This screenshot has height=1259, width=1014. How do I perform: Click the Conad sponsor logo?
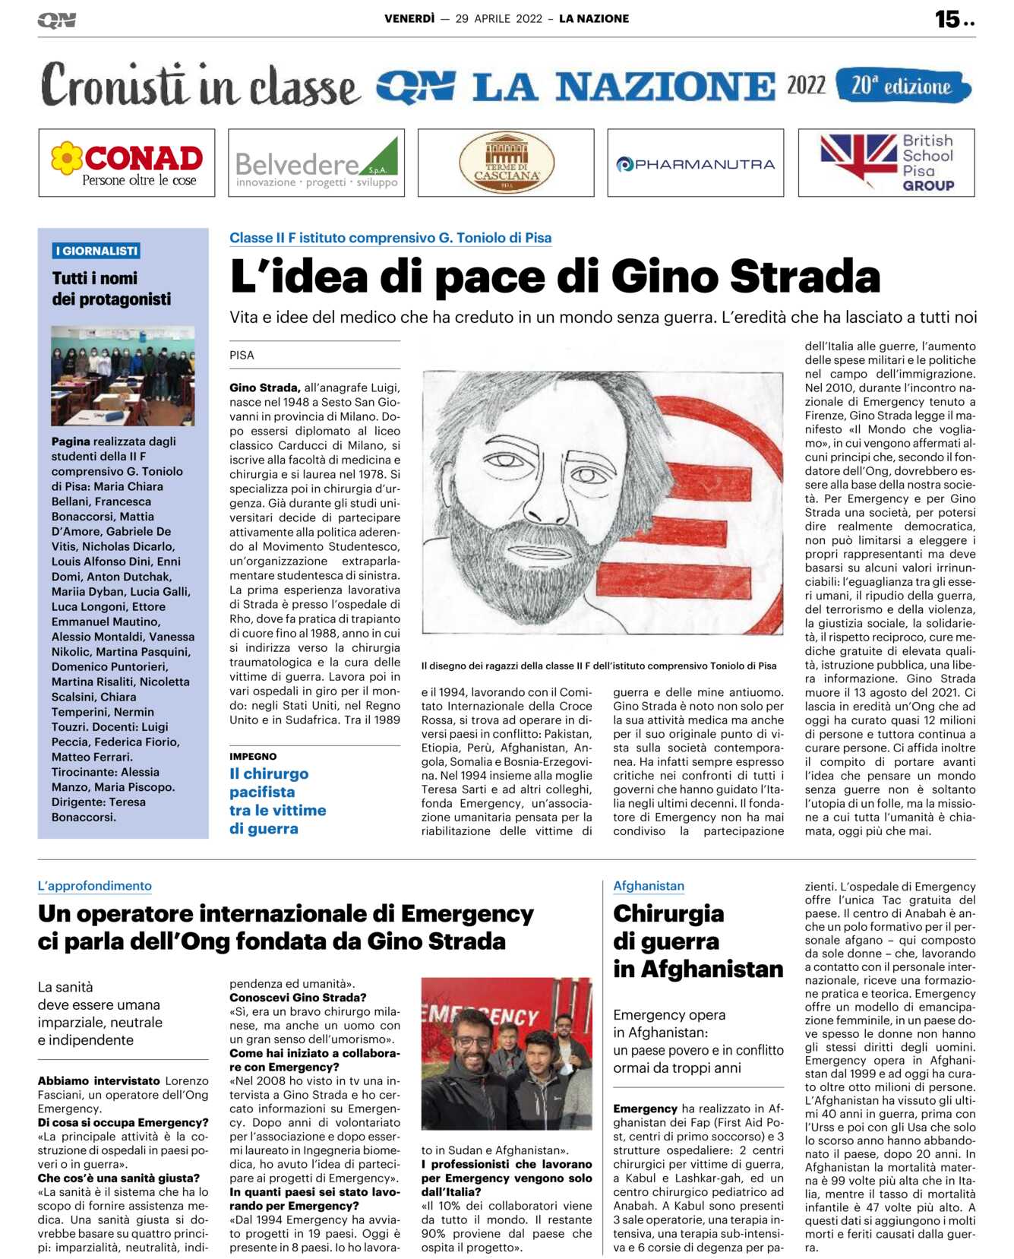click(x=127, y=163)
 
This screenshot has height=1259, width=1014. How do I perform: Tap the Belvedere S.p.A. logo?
click(x=316, y=163)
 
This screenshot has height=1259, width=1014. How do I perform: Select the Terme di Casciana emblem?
click(x=506, y=163)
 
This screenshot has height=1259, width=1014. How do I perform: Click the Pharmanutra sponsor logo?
click(x=695, y=163)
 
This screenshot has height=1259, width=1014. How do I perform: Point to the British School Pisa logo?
click(x=886, y=163)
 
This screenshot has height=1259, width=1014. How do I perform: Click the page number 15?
click(x=948, y=19)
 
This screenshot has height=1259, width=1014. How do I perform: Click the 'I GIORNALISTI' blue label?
click(x=96, y=251)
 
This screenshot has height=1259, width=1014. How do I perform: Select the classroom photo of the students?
click(x=123, y=375)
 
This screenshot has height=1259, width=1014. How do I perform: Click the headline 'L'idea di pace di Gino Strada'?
click(x=555, y=276)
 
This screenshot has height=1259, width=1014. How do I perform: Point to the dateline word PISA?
click(x=242, y=355)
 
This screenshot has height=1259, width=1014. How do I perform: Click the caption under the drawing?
click(x=599, y=666)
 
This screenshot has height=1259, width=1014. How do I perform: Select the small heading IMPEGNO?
click(x=253, y=756)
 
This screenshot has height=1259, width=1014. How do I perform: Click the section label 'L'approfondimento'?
click(x=95, y=886)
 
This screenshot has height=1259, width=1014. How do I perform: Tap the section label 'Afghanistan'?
click(x=649, y=886)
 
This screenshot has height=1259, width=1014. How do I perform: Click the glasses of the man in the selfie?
click(x=472, y=1042)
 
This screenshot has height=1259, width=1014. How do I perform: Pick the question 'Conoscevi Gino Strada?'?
click(x=298, y=998)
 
